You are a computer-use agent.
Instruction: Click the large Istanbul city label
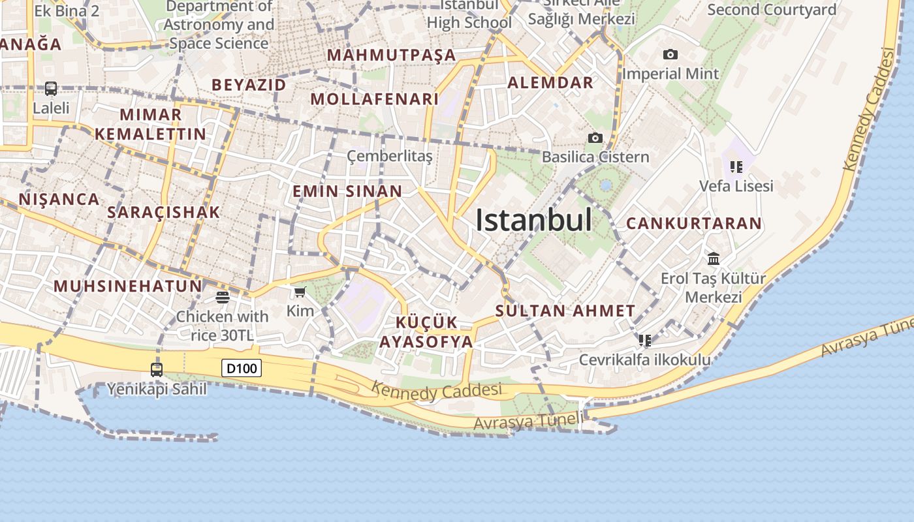tap(533, 220)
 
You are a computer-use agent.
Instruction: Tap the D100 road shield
tap(242, 369)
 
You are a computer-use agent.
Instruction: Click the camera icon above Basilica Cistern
tap(595, 138)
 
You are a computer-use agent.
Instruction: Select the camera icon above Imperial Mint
tap(670, 55)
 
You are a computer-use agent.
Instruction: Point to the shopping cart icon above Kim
tap(300, 292)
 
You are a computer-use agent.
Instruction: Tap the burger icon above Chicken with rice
tap(223, 298)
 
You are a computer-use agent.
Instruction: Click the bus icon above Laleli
tap(50, 88)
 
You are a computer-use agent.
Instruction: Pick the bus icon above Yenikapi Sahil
tap(157, 370)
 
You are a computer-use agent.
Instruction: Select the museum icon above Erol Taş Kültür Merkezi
tap(714, 259)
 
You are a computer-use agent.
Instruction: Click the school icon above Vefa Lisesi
tap(736, 167)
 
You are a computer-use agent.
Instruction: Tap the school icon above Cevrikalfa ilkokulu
tap(645, 341)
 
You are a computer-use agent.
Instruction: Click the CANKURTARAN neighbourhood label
tap(694, 223)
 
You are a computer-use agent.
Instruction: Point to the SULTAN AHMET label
tap(565, 311)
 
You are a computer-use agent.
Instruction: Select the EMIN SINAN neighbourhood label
tap(347, 191)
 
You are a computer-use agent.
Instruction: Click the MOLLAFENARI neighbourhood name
tap(374, 99)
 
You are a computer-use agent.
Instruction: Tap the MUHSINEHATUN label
tap(128, 286)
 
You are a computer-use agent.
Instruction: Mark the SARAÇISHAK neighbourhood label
tap(164, 212)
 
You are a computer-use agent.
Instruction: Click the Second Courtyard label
tap(772, 10)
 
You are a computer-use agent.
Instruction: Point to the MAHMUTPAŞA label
tap(391, 55)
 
